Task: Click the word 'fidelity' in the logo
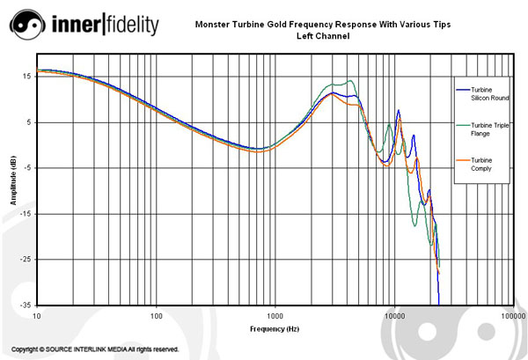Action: coord(135,26)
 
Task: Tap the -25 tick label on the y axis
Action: coord(24,260)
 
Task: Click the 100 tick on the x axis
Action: coord(157,314)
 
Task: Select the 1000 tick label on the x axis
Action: coord(275,314)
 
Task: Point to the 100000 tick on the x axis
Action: coord(511,314)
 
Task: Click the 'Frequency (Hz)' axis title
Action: coord(275,327)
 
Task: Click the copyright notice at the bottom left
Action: coord(96,349)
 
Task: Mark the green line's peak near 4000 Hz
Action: coord(351,81)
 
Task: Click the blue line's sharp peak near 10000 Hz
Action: coord(399,111)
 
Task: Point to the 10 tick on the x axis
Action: coord(37,314)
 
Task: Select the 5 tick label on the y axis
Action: coord(27,122)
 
